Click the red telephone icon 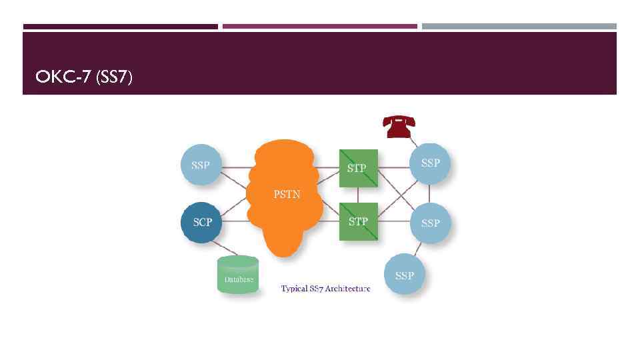point(399,125)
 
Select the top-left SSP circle point(201,164)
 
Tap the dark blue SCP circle point(201,222)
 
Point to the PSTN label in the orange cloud point(287,195)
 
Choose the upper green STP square point(358,168)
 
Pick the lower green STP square point(358,221)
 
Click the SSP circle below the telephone point(430,163)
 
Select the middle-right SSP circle point(430,223)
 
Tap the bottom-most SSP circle point(404,275)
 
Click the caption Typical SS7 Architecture point(325,289)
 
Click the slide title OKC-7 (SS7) point(84,77)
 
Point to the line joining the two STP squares point(358,195)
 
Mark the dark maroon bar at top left point(120,27)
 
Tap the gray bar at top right point(519,27)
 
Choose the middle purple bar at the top point(319,27)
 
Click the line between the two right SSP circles point(430,193)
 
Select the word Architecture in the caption point(349,289)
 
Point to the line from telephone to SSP point(413,141)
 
